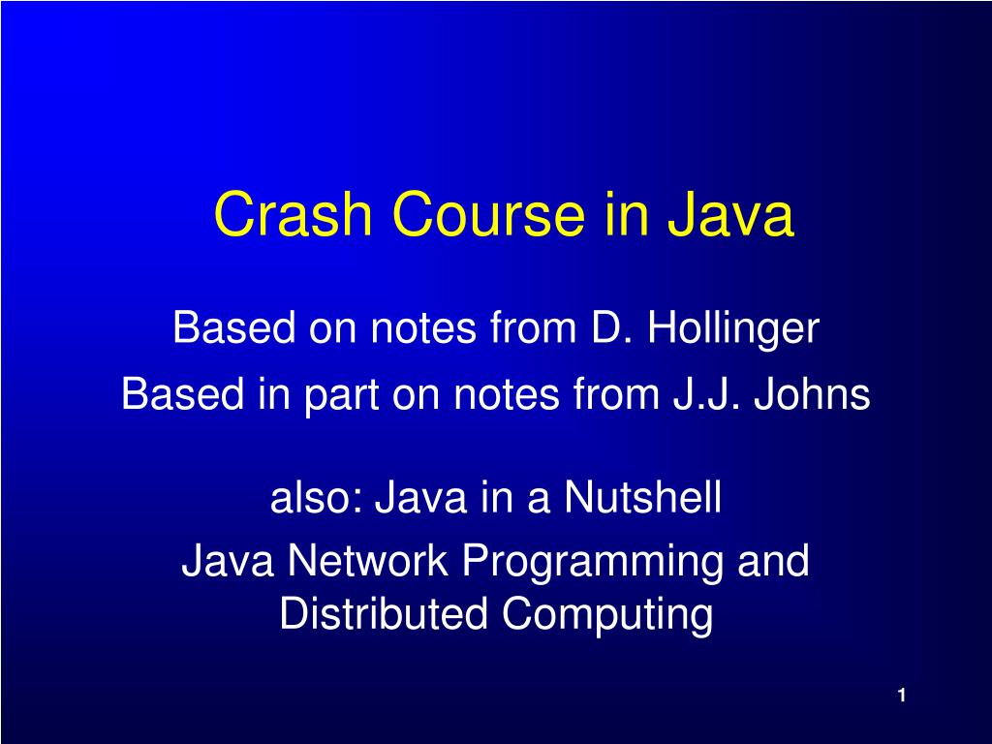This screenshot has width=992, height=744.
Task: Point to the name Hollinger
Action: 733,329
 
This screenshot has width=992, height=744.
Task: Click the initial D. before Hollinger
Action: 611,329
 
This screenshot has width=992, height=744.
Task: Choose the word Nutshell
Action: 643,500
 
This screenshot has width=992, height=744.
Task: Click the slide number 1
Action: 901,696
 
